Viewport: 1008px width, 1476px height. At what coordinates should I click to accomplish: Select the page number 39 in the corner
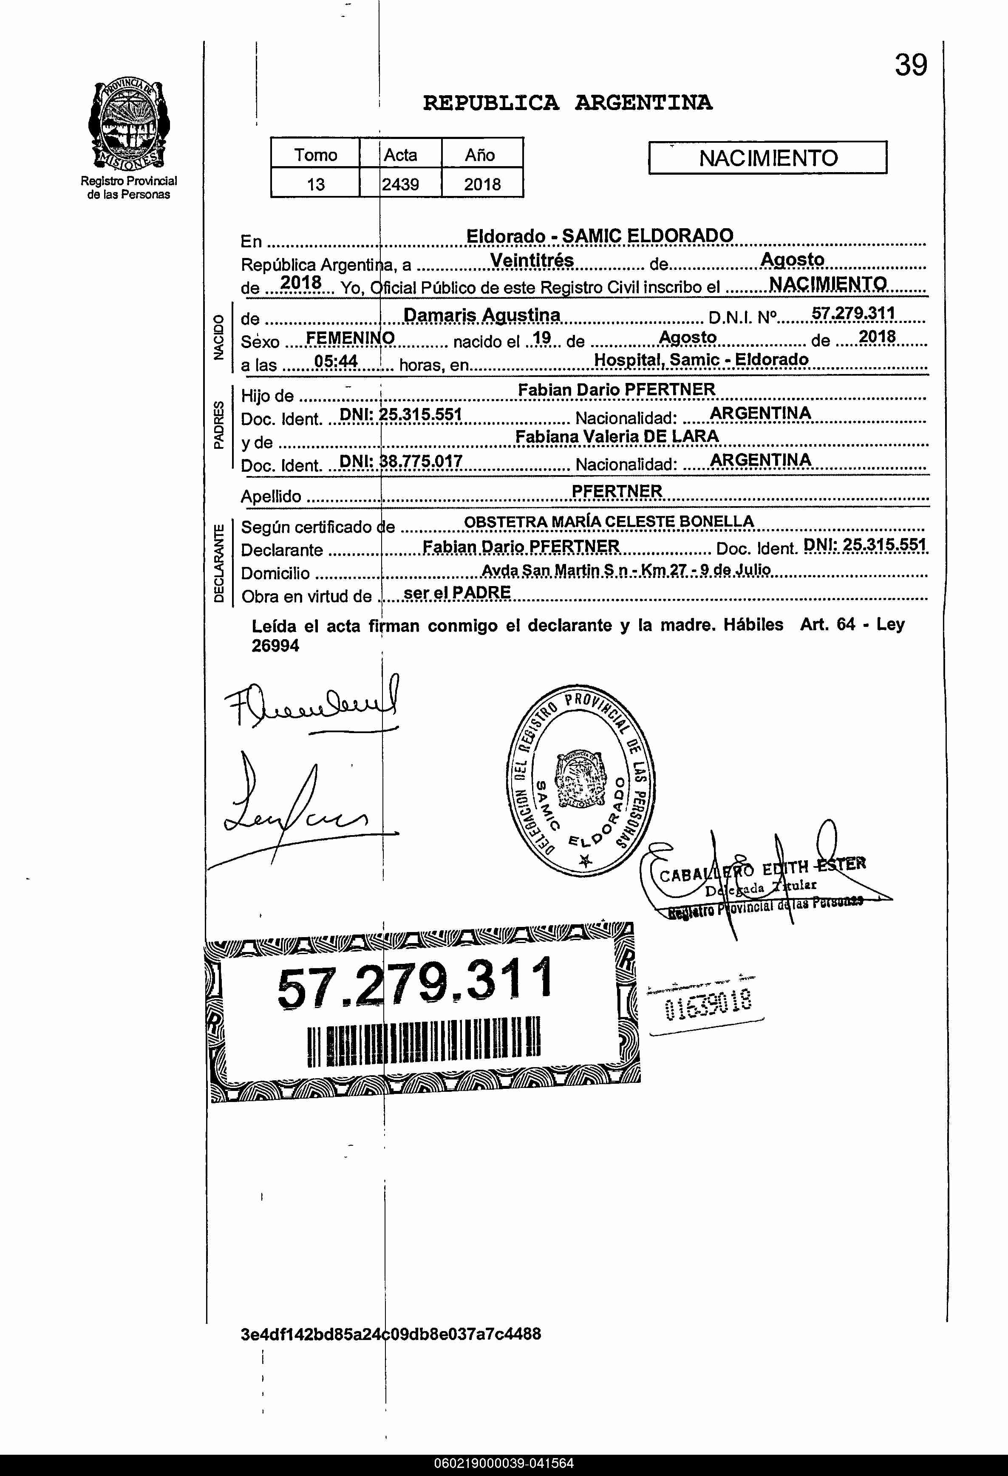click(911, 65)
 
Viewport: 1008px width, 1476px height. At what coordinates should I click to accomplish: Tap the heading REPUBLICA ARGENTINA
click(567, 103)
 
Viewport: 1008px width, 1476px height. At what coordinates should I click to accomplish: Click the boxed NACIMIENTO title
click(767, 158)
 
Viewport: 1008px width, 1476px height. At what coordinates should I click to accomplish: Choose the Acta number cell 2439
click(400, 184)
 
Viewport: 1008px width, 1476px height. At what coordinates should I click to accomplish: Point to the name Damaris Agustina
click(481, 315)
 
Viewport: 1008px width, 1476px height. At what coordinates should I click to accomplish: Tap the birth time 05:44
click(336, 361)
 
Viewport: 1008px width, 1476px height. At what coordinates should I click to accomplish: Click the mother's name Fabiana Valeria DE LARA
click(617, 436)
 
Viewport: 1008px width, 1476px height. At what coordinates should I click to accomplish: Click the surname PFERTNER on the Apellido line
click(617, 491)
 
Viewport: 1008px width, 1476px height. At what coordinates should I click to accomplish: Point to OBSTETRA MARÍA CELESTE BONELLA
click(609, 521)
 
